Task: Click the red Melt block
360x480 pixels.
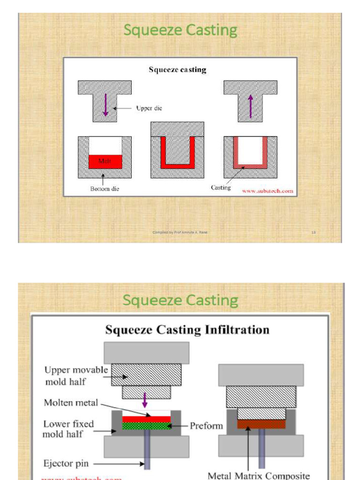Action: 105,161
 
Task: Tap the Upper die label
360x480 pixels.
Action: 149,108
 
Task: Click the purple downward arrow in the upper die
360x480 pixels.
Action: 105,105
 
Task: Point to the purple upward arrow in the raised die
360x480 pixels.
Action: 250,106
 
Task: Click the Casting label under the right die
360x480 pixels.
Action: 220,187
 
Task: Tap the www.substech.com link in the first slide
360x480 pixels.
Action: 268,191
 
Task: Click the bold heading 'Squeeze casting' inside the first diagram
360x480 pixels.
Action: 178,70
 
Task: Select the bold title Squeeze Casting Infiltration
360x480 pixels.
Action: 187,330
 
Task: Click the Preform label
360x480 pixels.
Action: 206,426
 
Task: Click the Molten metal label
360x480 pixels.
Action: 71,403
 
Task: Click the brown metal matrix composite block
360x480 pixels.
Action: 261,424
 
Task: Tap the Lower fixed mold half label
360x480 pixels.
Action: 68,429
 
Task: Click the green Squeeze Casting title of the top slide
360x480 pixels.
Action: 180,30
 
